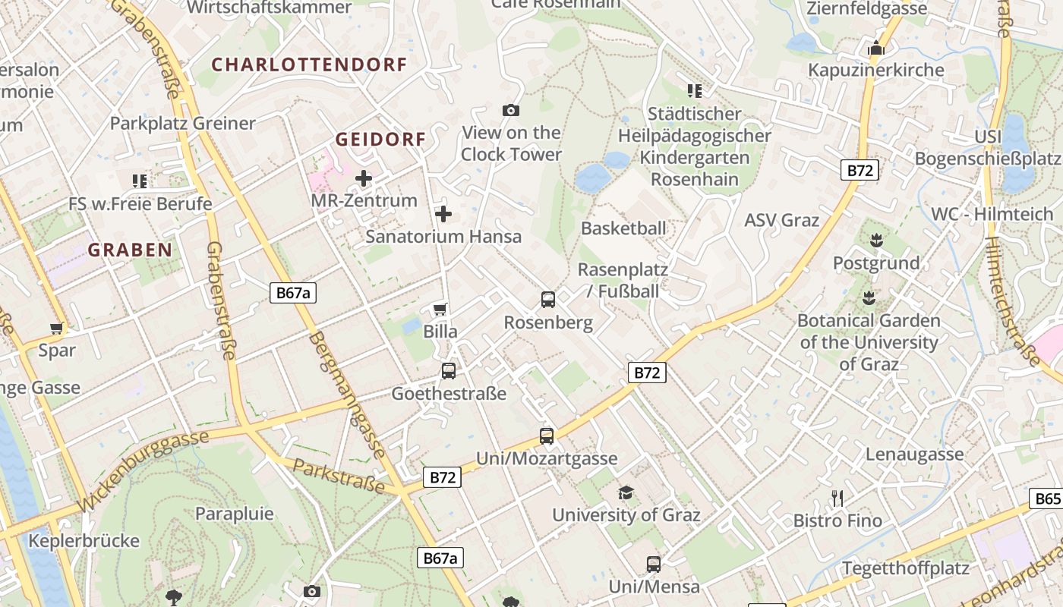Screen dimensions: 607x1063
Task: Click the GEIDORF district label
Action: click(380, 140)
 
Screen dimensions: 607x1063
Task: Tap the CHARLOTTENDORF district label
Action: click(309, 64)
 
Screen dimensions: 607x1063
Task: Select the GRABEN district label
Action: click(130, 250)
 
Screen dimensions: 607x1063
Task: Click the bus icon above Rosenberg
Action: click(548, 300)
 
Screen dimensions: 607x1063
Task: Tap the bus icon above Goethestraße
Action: click(449, 371)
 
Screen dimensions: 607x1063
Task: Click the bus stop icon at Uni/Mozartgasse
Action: click(547, 436)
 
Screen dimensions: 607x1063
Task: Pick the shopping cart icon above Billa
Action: click(440, 309)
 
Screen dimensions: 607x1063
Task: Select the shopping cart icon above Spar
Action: click(57, 328)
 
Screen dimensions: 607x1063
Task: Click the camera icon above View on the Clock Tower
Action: click(511, 111)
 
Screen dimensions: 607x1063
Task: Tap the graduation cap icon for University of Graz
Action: click(626, 492)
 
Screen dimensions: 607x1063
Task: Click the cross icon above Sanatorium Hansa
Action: click(443, 214)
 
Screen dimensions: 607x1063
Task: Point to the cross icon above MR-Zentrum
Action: click(364, 179)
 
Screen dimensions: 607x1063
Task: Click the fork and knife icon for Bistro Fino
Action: click(837, 498)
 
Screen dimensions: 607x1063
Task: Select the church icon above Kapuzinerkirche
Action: click(876, 48)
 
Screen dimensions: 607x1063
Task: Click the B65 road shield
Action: click(1047, 498)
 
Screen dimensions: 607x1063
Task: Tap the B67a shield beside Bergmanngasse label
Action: click(292, 293)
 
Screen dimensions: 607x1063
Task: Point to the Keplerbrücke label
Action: click(84, 541)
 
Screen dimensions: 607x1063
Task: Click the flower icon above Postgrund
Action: click(876, 241)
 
